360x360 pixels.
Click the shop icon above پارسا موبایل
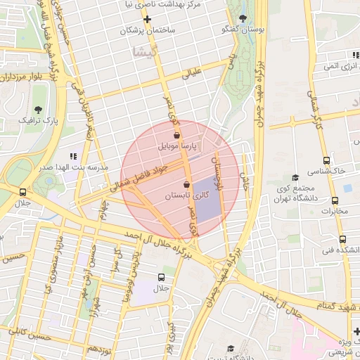click(x=176, y=135)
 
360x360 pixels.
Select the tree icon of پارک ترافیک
click(x=38, y=109)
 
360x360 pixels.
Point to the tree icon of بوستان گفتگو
click(x=243, y=18)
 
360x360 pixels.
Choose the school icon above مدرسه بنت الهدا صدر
click(x=73, y=156)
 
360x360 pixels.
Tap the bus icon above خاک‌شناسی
click(x=326, y=160)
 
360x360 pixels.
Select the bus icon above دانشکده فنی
click(x=342, y=239)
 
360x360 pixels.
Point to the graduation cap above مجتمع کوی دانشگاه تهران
click(x=295, y=177)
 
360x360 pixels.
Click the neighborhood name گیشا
click(x=148, y=52)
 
